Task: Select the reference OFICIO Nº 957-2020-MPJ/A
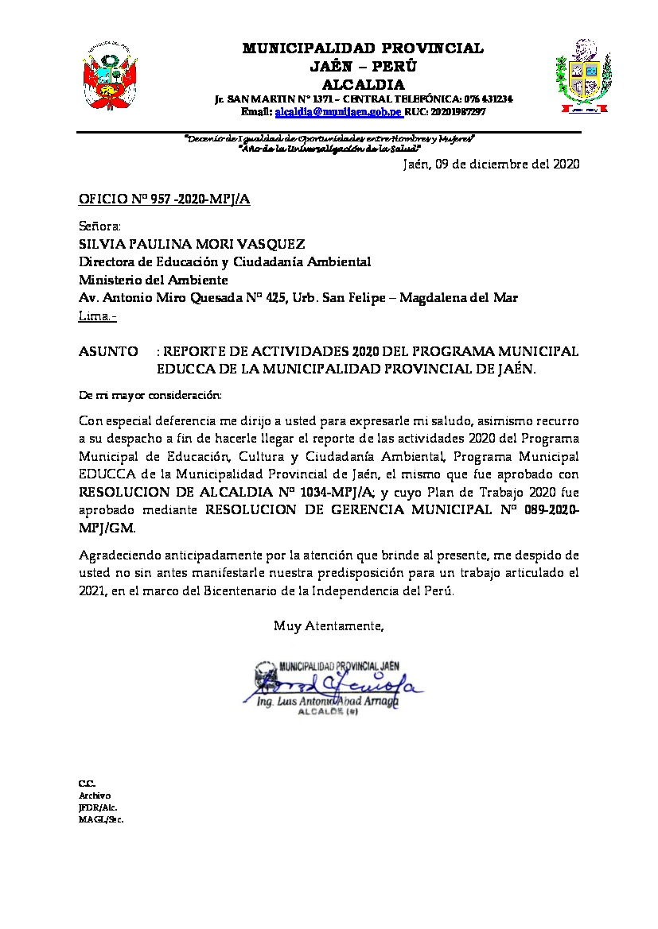click(165, 199)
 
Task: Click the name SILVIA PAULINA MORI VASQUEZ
click(192, 244)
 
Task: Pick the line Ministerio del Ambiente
click(154, 280)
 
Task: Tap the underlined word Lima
click(95, 316)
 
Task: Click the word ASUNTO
click(107, 352)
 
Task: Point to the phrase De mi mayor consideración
click(150, 395)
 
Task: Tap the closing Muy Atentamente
click(329, 626)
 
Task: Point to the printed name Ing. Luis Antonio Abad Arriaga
click(327, 703)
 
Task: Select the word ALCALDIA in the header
click(363, 84)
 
